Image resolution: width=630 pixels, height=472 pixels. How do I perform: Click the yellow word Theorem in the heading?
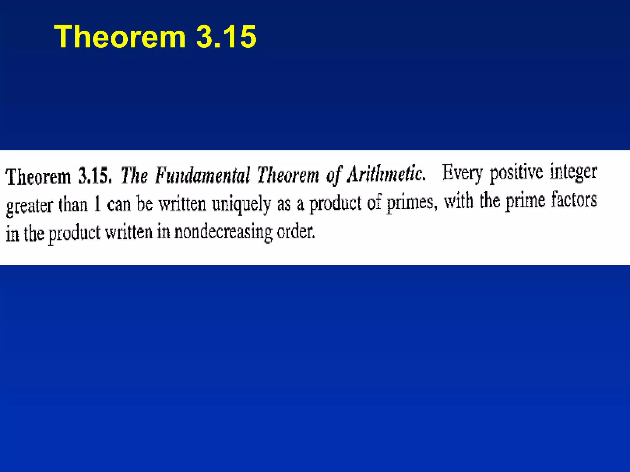tap(120, 37)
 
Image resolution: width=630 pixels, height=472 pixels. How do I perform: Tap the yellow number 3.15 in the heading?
tap(226, 37)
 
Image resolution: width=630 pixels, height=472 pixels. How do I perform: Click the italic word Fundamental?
tap(202, 175)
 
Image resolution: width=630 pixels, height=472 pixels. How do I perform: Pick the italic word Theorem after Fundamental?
tap(288, 175)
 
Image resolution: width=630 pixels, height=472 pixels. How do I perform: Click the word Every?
tap(462, 173)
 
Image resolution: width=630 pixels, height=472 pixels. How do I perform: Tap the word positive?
tap(516, 173)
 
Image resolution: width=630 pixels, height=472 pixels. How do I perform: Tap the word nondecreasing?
tap(223, 232)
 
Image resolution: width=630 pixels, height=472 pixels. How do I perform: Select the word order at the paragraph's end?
tap(296, 232)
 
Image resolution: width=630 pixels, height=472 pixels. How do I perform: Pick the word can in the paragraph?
tap(119, 204)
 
